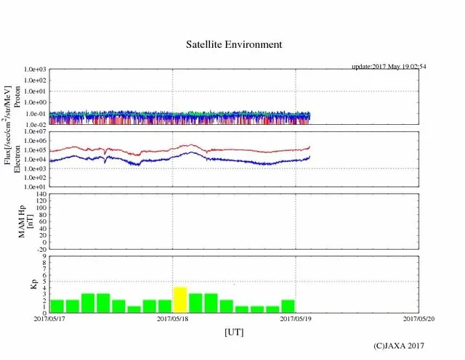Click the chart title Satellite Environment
pos(234,44)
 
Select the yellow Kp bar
pos(180,300)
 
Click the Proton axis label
pos(18,97)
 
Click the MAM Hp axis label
pos(25,221)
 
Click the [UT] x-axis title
pos(234,332)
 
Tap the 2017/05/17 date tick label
pos(49,318)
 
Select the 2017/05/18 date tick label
pos(173,318)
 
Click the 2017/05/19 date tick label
pos(296,318)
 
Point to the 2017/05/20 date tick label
pos(419,318)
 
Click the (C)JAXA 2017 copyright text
pos(399,345)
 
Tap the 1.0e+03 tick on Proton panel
pos(36,69)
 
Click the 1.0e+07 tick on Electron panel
pos(36,132)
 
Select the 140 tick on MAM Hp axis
pos(40,195)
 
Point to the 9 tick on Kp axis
pos(44,257)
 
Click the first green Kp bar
pos(57,306)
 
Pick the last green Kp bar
pos(288,306)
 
